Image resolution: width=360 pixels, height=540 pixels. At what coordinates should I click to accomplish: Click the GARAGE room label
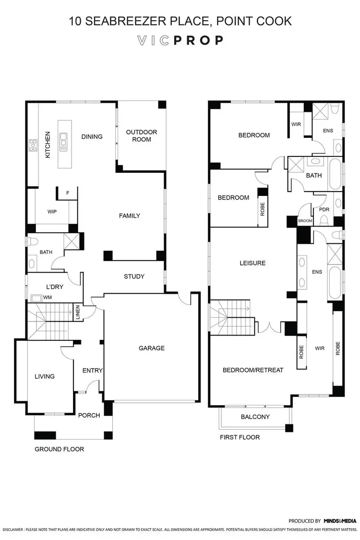coord(152,348)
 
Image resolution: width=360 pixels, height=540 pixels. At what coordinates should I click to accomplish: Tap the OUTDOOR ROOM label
coord(142,136)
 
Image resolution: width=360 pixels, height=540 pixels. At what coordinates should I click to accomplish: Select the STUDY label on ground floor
coord(134,276)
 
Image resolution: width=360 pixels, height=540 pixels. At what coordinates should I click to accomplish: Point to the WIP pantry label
coord(53,211)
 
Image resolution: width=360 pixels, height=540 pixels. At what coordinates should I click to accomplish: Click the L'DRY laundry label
coord(55,287)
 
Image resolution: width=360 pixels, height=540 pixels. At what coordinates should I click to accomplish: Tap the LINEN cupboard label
coord(77,312)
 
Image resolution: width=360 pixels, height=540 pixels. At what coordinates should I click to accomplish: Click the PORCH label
coord(89,415)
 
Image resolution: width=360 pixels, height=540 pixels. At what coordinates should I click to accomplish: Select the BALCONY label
coord(255,417)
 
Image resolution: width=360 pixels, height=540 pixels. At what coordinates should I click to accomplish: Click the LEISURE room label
coord(252,263)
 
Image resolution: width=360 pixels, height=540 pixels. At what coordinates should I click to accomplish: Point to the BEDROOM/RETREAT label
coord(253,370)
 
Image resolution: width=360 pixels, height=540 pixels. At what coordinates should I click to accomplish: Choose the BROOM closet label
coord(305,221)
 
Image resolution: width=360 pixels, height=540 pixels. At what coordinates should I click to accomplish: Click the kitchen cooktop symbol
coord(33,145)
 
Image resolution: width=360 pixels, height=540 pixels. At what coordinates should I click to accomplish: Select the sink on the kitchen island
coord(63,140)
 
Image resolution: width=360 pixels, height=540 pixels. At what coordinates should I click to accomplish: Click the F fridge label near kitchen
coord(68,193)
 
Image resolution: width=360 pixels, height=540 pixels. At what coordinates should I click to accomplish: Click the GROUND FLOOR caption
coord(59,449)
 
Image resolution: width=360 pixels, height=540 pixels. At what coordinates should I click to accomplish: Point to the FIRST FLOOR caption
coord(240,437)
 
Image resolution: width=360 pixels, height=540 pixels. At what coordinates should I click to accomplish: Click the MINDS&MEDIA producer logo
coord(339,521)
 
